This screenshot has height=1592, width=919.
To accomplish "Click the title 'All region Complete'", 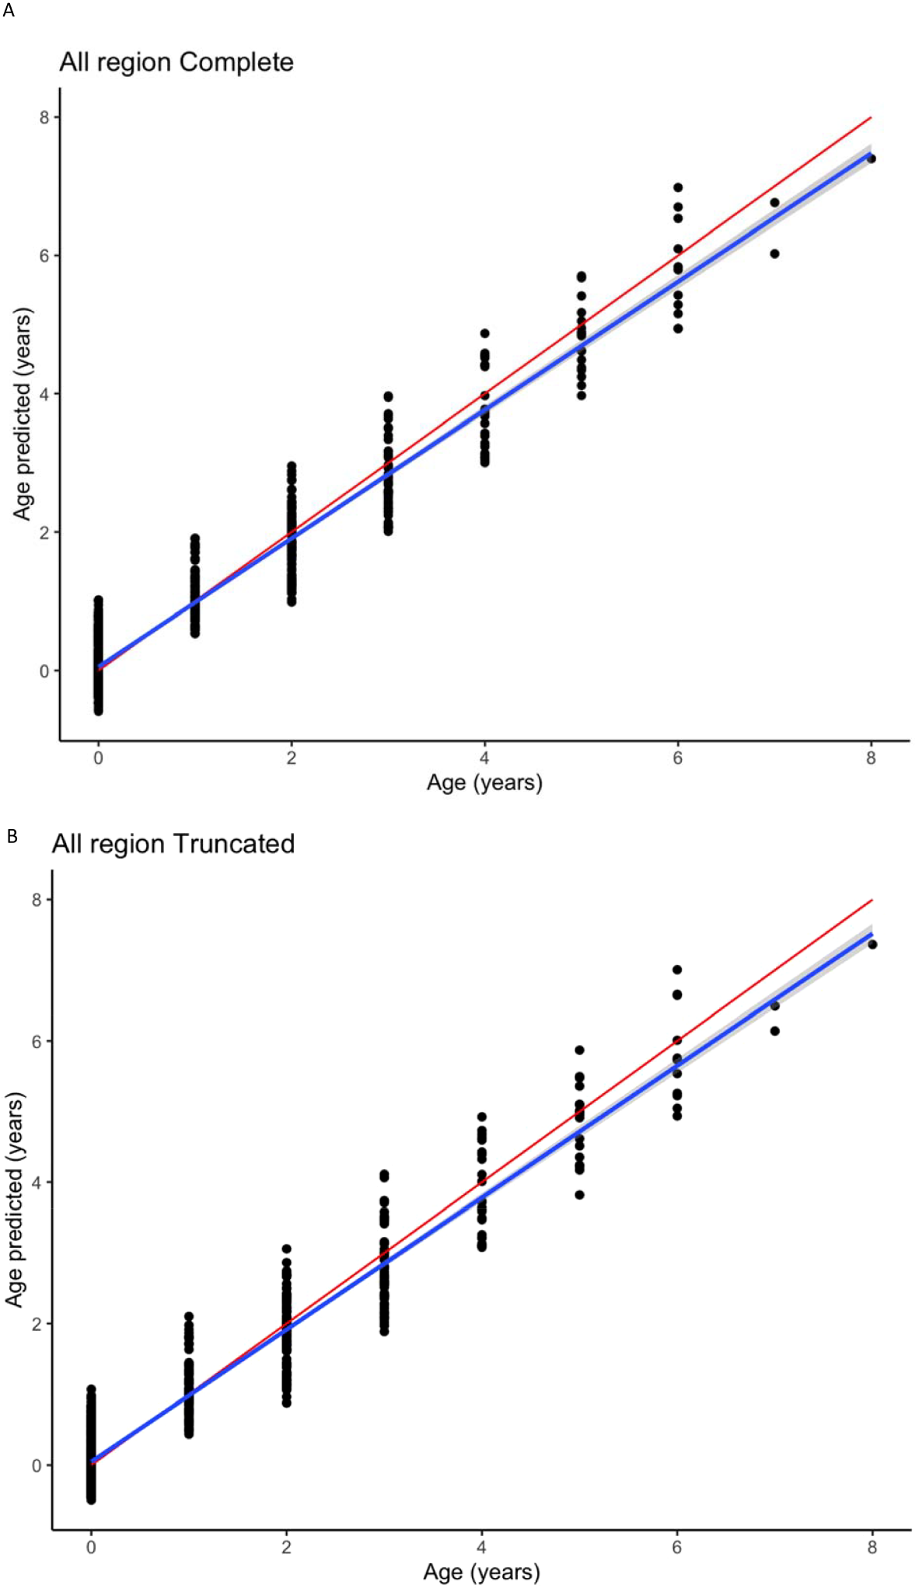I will pos(176,62).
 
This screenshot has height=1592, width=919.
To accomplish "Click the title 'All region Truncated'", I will pos(173,844).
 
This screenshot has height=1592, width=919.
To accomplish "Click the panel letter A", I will pos(9,11).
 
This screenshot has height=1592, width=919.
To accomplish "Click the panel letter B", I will pos(12,836).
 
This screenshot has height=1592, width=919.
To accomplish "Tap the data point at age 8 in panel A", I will pos(871,159).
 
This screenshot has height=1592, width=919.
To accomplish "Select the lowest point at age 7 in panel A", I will pos(774,253).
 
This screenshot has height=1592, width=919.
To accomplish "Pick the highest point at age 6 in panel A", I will pos(678,187).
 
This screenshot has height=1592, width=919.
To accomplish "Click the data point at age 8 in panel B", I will pos(872,944).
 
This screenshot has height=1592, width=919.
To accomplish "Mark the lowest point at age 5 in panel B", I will pos(579,1195).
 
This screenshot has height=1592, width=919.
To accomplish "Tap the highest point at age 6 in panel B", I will pos(677,970).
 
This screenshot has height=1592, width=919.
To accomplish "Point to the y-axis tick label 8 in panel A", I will pos(45,117).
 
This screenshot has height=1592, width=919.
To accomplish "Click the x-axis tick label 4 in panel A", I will pos(484,758).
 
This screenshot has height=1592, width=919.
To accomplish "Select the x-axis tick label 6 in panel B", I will pos(676,1546).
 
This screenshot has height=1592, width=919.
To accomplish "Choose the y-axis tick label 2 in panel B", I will pos(37,1324).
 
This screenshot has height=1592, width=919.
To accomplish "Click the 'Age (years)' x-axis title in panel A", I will pos(484,782).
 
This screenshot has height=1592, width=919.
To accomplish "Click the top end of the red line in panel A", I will pos(871,117).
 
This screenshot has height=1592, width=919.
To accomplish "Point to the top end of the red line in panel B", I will pos(872,900).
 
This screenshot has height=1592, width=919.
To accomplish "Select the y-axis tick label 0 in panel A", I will pos(45,671).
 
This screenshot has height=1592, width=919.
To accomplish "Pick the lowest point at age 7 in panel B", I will pos(774,1031).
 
